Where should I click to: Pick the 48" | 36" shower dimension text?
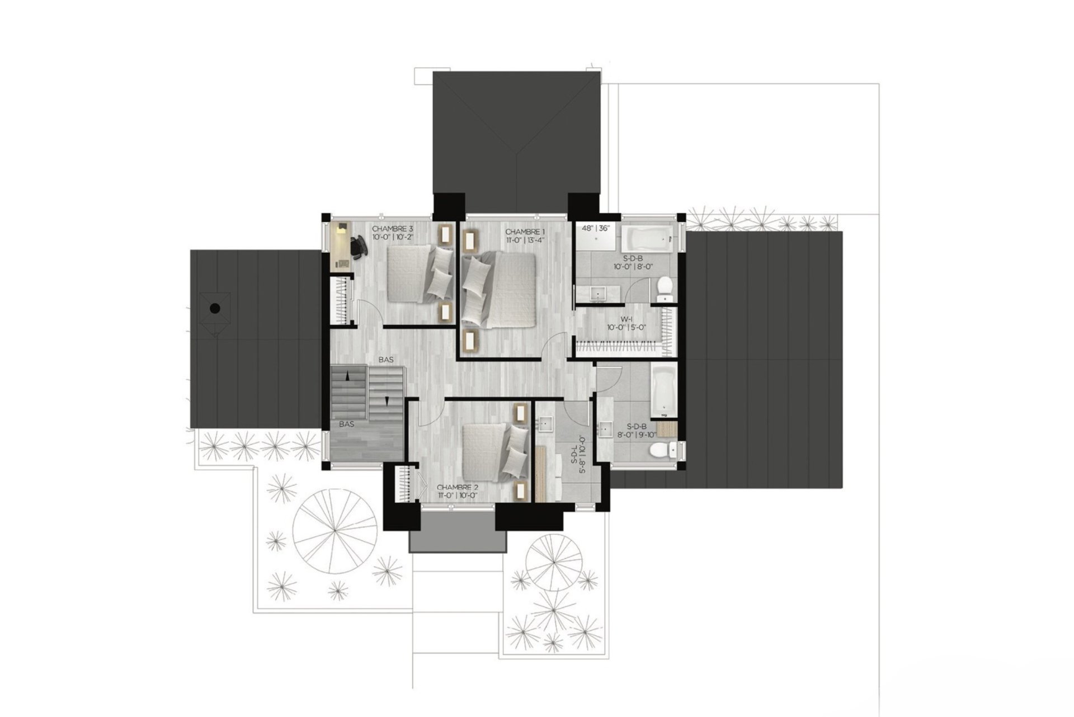point(595,228)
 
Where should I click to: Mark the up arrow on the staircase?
point(348,378)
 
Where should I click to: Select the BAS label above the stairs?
point(385,361)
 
